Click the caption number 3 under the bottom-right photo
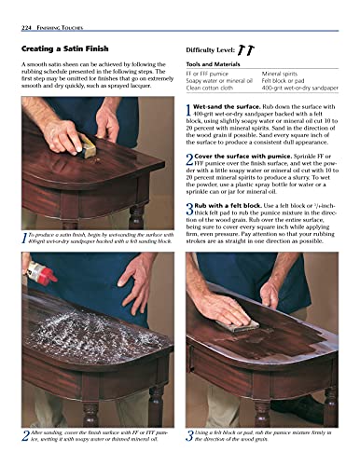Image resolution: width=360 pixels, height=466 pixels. click(190, 435)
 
